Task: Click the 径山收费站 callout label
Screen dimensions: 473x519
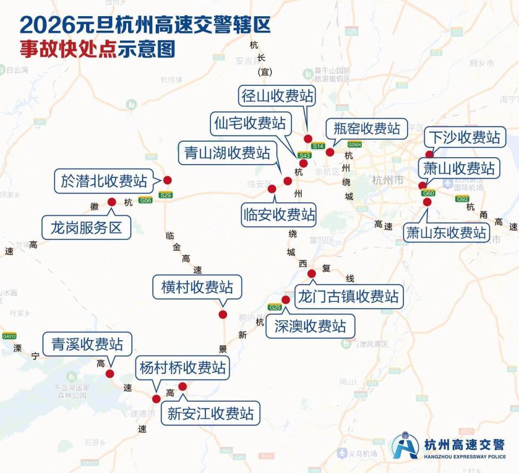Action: point(277,96)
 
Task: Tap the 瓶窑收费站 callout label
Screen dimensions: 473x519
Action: point(363,129)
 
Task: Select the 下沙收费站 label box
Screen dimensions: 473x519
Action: point(464,137)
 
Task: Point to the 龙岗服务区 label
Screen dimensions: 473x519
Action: point(86,227)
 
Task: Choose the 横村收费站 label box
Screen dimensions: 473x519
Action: point(197,287)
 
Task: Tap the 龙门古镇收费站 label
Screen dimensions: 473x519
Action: point(349,296)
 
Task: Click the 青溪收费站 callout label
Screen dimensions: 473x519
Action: point(87,344)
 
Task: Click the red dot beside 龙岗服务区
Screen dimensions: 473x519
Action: point(112,202)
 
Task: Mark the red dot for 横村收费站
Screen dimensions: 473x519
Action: point(222,315)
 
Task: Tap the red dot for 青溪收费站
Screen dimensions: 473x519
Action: point(110,374)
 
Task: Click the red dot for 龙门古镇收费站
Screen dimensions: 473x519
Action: point(311,274)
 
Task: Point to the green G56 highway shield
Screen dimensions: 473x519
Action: point(145,200)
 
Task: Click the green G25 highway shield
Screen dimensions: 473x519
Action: point(275,307)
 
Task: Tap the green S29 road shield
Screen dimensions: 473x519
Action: point(165,195)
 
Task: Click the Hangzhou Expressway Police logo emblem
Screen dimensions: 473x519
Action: point(405,445)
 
